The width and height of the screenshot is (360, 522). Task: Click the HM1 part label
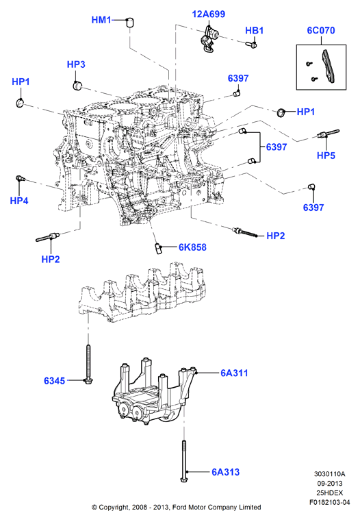pos(101,20)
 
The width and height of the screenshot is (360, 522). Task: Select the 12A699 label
pos(209,14)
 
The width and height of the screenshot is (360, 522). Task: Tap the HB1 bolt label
pos(255,31)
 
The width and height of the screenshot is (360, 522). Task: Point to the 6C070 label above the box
pos(321,30)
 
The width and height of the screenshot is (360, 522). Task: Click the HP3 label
pos(76,64)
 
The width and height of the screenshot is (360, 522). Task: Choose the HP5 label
pos(326,156)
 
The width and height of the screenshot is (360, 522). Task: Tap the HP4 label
pos(19,201)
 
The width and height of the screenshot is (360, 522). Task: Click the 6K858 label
pos(192,247)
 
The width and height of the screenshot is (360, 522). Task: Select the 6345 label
pos(55,380)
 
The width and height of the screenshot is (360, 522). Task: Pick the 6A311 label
pos(234,373)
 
